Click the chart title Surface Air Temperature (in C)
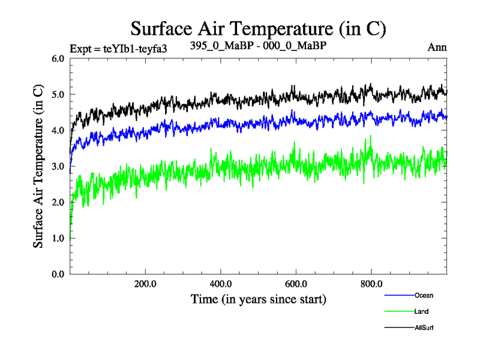[257, 29]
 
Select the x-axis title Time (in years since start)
[259, 298]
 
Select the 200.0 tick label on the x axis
[146, 284]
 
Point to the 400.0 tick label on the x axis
[221, 284]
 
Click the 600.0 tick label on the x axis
[296, 284]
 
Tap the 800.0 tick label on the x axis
[371, 284]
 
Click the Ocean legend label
[423, 295]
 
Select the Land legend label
[421, 311]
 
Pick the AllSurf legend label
[424, 328]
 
